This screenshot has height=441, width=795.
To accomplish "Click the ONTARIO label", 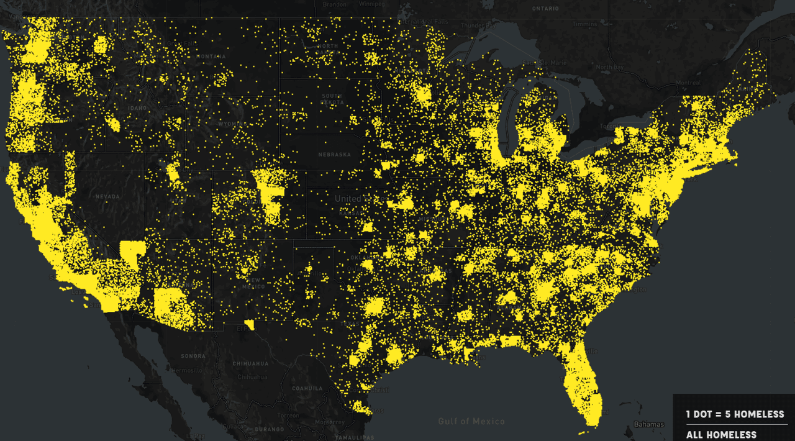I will pyautogui.click(x=545, y=9).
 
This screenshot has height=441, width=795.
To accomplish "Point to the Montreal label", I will pyautogui.click(x=688, y=83).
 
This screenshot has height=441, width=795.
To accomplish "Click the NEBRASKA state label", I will pyautogui.click(x=334, y=154).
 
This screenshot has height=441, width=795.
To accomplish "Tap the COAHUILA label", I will pyautogui.click(x=307, y=388).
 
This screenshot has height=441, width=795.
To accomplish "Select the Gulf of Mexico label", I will pyautogui.click(x=471, y=421).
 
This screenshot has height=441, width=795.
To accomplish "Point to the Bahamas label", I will pyautogui.click(x=648, y=425).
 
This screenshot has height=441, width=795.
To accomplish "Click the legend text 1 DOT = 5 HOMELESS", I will pyautogui.click(x=735, y=414).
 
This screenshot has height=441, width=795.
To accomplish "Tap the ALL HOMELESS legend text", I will pyautogui.click(x=721, y=434).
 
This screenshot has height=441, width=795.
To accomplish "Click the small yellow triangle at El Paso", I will pyautogui.click(x=249, y=324).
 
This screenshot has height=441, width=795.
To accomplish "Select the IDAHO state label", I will pyautogui.click(x=134, y=109).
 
